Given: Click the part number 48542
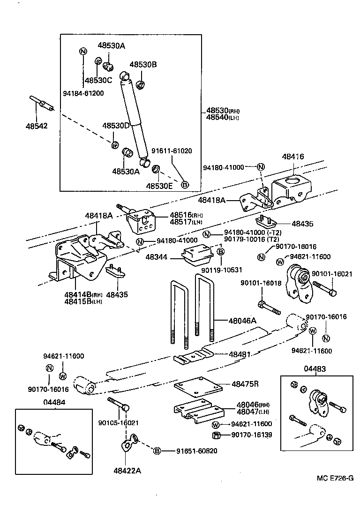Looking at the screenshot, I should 37,126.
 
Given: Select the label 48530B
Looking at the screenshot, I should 143,65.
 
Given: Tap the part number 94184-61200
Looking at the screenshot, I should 83,93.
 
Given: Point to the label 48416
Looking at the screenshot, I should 293,158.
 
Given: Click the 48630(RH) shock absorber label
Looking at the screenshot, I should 222,111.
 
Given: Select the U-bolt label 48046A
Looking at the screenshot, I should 242,321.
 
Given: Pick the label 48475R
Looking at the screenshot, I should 245,384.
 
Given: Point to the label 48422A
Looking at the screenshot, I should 127,470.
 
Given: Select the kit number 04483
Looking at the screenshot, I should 315,369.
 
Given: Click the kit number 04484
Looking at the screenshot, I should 54,402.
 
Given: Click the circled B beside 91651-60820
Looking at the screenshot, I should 157,451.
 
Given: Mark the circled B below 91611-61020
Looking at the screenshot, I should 185,185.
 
